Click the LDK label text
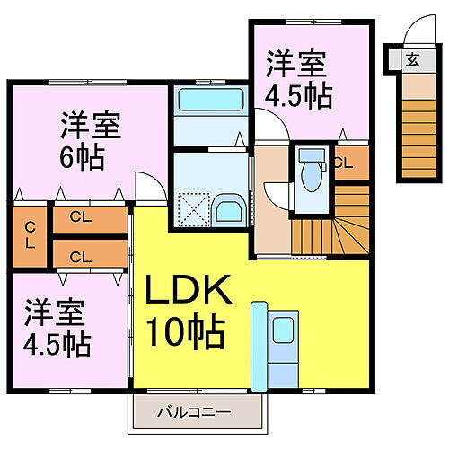pyautogui.click(x=188, y=289)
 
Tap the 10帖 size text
pyautogui.click(x=186, y=330)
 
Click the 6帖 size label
pyautogui.click(x=83, y=157)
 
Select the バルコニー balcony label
pyautogui.click(x=194, y=412)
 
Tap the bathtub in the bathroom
pyautogui.click(x=211, y=100)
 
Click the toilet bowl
pyautogui.click(x=312, y=176)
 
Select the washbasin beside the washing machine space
pyautogui.click(x=228, y=211)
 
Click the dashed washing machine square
pyautogui.click(x=193, y=209)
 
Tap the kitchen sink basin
pyautogui.click(x=283, y=330)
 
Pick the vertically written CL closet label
pyautogui.click(x=30, y=236)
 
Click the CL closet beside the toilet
pyautogui.click(x=351, y=163)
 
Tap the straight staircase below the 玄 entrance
pyautogui.click(x=419, y=139)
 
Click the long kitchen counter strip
pyautogui.click(x=259, y=347)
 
